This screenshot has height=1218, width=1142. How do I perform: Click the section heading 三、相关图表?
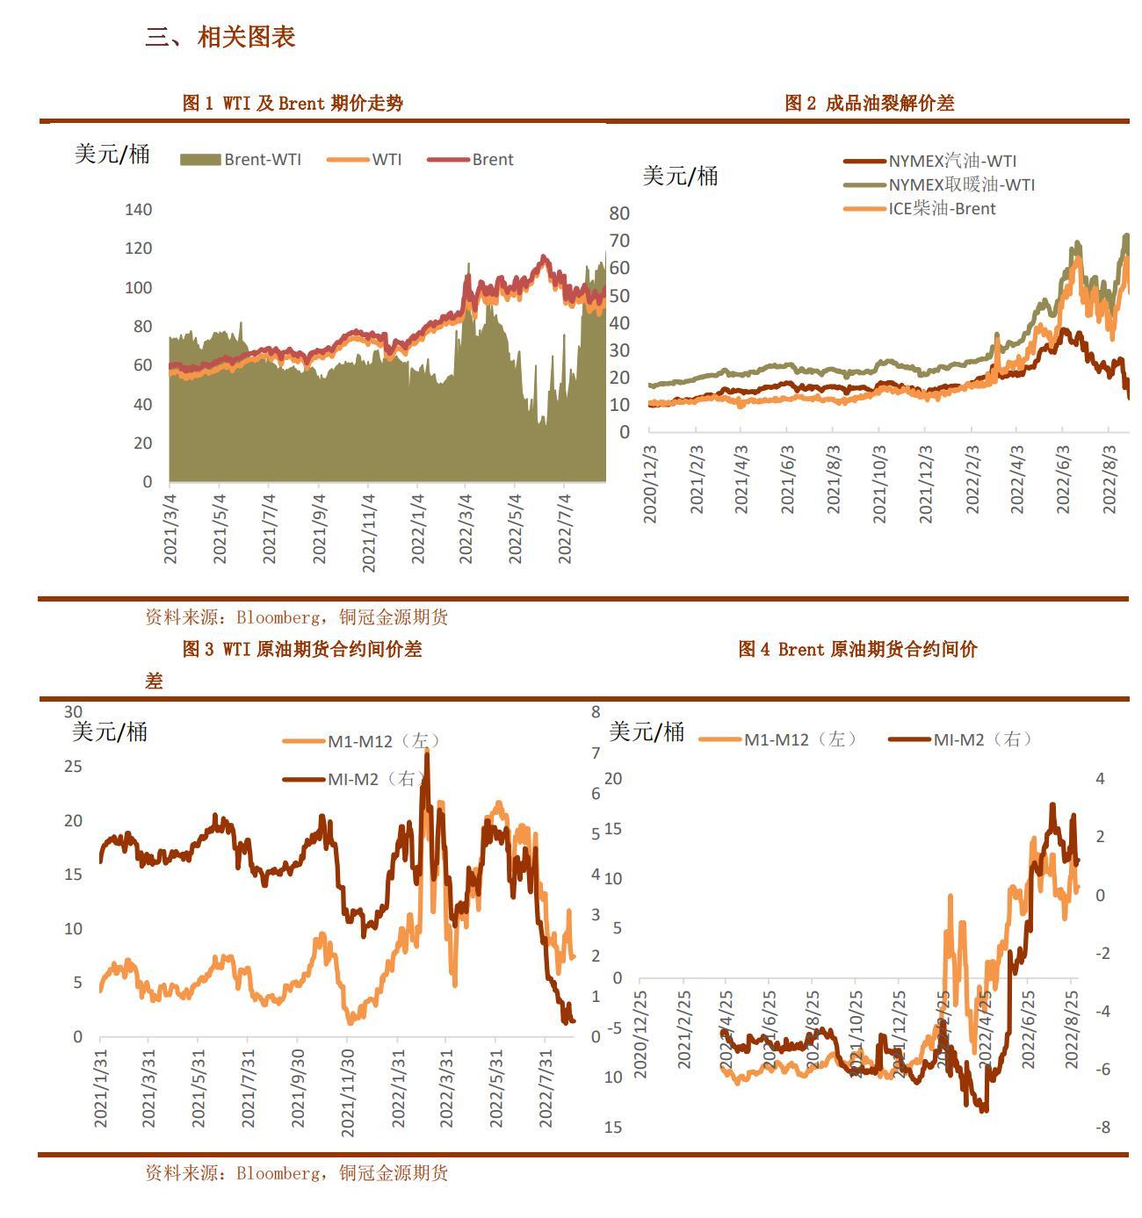coord(220,37)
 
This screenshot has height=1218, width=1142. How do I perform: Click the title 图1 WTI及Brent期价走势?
coord(293,103)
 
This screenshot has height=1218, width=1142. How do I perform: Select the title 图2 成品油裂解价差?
coord(869,103)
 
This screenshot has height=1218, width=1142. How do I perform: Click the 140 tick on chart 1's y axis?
coord(139,210)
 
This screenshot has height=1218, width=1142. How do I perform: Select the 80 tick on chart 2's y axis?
coord(619,213)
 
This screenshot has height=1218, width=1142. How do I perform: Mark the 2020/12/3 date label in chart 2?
coord(651,484)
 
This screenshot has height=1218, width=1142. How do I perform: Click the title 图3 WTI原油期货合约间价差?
coord(302,650)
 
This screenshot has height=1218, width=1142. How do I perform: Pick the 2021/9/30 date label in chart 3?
coord(300,1088)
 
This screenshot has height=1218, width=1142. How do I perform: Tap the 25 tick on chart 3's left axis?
coord(73,767)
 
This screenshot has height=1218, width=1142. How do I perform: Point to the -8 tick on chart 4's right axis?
coord(1102,1128)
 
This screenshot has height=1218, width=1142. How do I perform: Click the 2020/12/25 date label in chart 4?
coord(640,1034)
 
